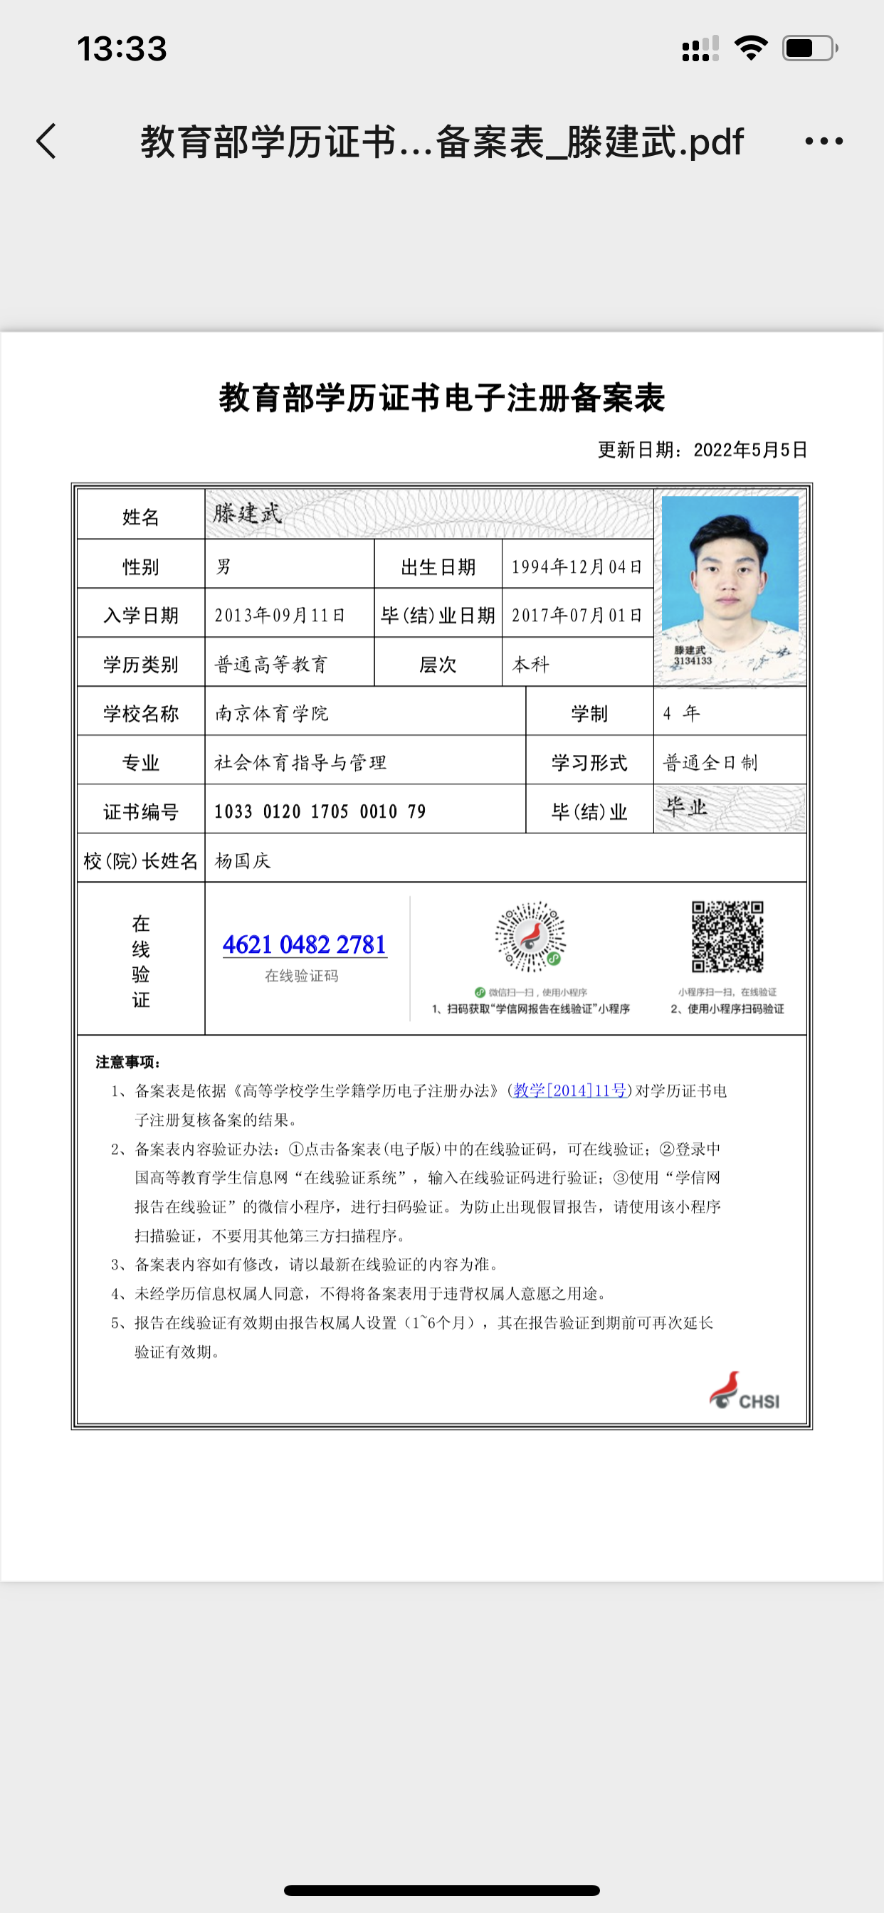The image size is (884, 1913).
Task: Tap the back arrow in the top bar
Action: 46,141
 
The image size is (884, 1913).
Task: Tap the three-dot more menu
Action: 824,141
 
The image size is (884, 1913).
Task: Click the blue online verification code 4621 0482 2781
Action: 305,944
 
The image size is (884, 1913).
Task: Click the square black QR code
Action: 727,937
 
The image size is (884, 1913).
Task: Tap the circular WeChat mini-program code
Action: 530,937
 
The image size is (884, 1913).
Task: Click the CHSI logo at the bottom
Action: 745,1391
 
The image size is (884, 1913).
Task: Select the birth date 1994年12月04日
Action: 577,567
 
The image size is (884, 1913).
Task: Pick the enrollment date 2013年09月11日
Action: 279,616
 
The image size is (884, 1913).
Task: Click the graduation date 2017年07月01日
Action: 577,616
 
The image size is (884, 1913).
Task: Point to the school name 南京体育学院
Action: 271,714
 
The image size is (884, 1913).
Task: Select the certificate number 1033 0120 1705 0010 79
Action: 320,812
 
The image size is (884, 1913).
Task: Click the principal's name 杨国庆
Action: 242,860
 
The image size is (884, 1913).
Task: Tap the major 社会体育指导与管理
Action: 300,763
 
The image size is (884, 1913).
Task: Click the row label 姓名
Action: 140,517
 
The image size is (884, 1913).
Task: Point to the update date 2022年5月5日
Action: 750,450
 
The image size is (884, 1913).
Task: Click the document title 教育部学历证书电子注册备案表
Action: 441,398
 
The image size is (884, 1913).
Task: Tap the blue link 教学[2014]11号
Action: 570,1091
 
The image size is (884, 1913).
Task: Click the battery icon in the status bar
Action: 809,49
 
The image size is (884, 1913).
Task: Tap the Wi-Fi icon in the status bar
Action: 751,49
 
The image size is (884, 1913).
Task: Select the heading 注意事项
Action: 128,1062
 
